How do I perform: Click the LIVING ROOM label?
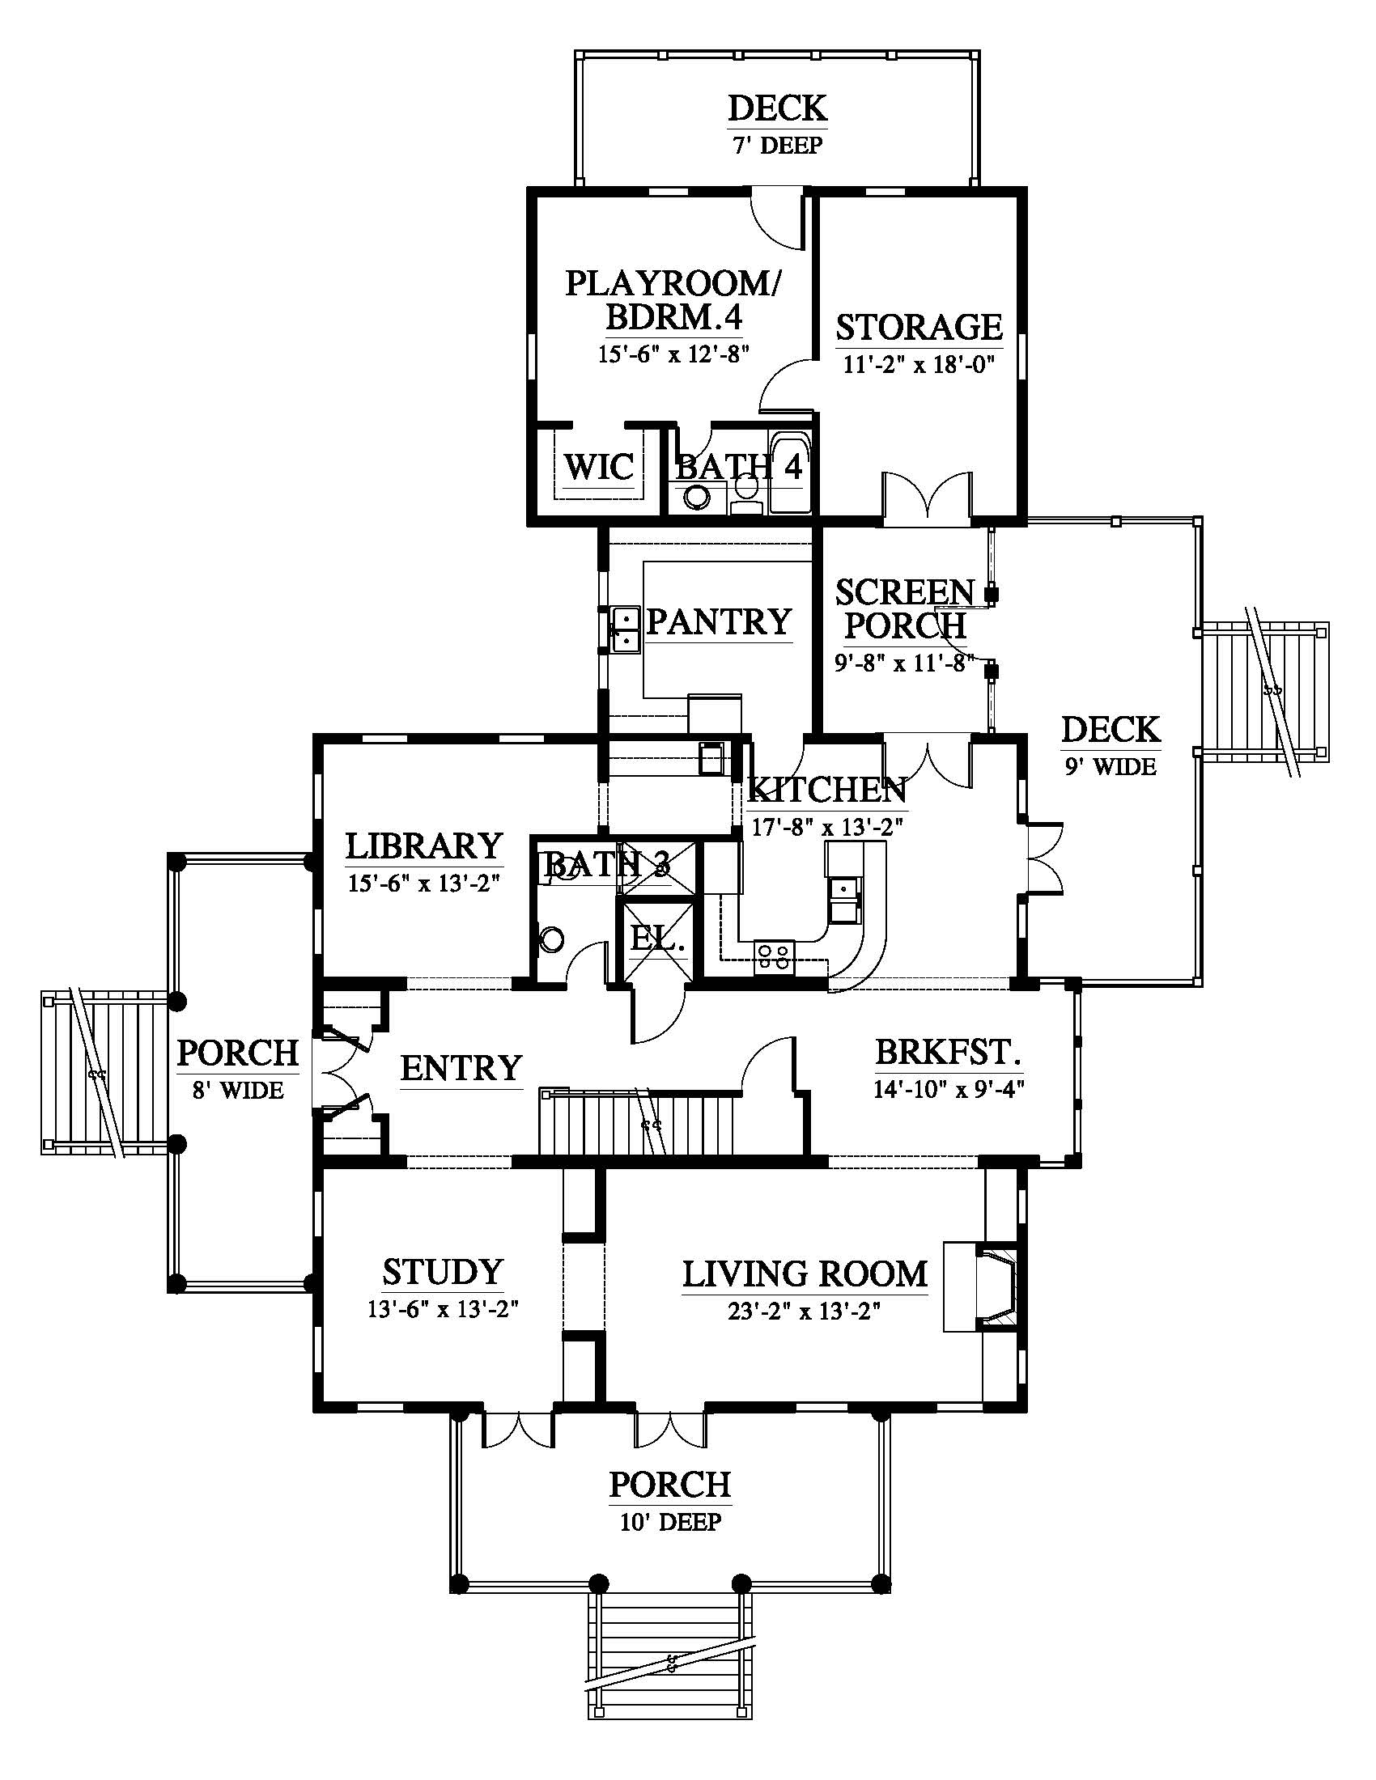805,1274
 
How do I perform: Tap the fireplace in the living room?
981,1287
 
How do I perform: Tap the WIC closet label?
598,467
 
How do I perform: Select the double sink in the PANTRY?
625,630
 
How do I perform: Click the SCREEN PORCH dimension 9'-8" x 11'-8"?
904,663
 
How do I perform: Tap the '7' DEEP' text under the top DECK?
777,146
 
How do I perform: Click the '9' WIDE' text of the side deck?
1111,766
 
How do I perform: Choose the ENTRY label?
461,1068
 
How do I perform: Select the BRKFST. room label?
948,1052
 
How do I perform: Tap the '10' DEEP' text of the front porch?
670,1522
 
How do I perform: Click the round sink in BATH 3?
552,939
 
